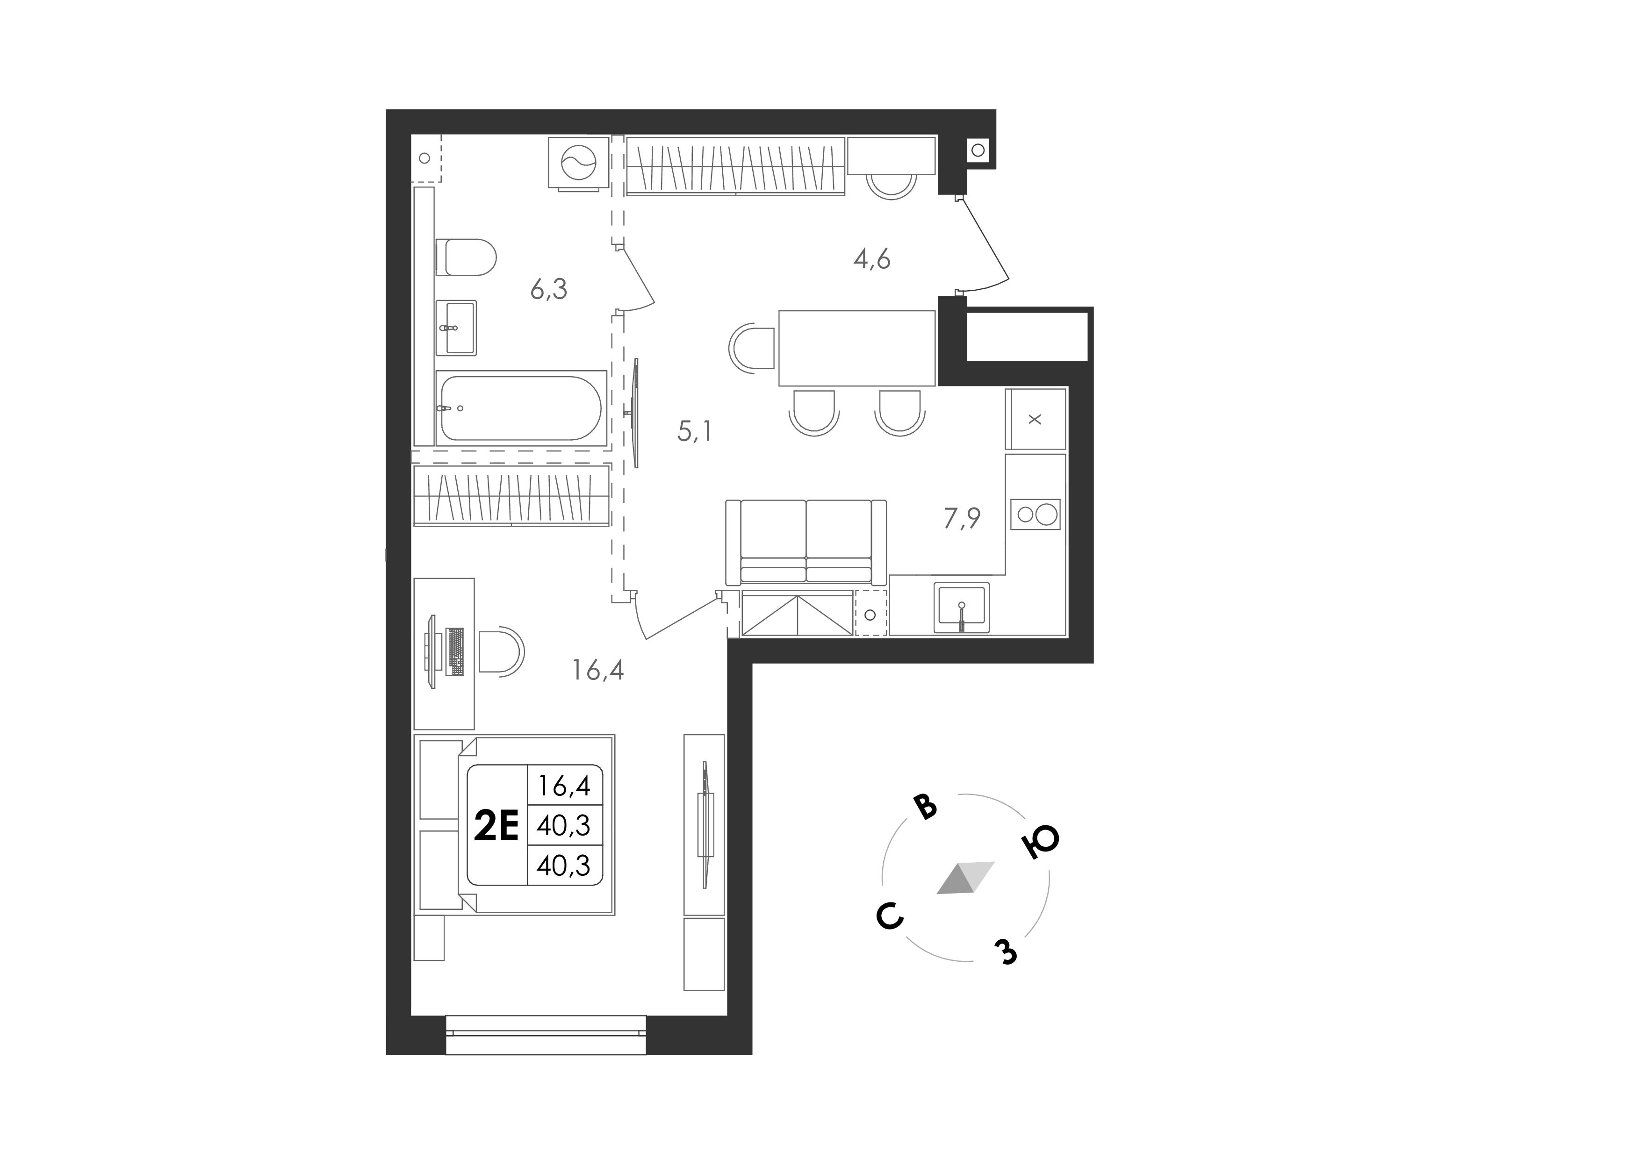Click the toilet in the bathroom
[x=466, y=257]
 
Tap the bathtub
[x=521, y=408]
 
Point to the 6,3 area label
[x=548, y=289]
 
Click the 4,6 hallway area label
[x=871, y=258]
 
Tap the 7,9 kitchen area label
[x=962, y=518]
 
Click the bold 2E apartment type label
[x=496, y=827]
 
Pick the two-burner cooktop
[x=1036, y=514]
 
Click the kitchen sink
[x=962, y=608]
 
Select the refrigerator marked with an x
[x=1035, y=419]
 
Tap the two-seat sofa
[x=806, y=542]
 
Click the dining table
[x=856, y=348]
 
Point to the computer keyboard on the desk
[x=454, y=651]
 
